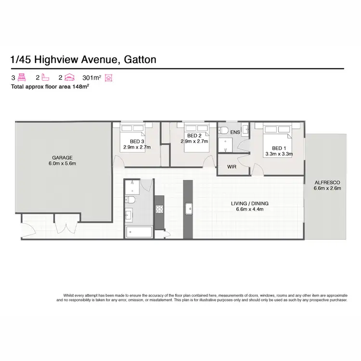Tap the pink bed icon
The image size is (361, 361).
click(x=21, y=77)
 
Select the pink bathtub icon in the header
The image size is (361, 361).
click(x=44, y=77)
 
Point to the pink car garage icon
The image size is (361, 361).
click(x=69, y=77)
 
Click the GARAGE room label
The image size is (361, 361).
click(x=62, y=157)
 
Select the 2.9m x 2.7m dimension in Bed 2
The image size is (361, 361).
click(x=193, y=142)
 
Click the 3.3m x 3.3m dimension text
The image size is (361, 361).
click(x=279, y=154)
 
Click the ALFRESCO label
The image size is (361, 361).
click(x=327, y=182)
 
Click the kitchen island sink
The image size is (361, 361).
click(x=188, y=208)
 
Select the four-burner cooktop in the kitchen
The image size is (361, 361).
click(x=159, y=208)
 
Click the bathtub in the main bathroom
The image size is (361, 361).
click(x=138, y=232)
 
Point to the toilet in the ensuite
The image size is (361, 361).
click(x=224, y=130)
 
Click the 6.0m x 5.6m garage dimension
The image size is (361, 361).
click(x=62, y=164)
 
